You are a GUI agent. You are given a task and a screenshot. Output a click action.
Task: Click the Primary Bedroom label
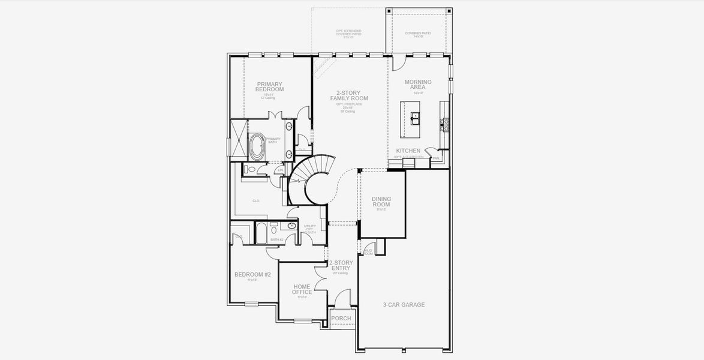pyautogui.click(x=269, y=87)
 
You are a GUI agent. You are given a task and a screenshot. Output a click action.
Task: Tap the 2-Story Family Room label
pyautogui.click(x=349, y=95)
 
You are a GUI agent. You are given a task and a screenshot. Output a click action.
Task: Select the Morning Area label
pyautogui.click(x=418, y=85)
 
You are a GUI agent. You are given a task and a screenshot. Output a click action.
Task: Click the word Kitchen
pyautogui.click(x=408, y=151)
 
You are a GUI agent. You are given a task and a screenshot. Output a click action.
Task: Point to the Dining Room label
pyautogui.click(x=381, y=202)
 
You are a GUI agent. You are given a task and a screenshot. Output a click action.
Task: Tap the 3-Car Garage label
pyautogui.click(x=404, y=305)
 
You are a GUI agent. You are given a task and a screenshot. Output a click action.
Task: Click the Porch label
pyautogui.click(x=341, y=319)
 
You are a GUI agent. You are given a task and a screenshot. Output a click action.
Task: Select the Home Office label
pyautogui.click(x=302, y=290)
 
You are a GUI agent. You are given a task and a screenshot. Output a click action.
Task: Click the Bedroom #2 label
pyautogui.click(x=252, y=275)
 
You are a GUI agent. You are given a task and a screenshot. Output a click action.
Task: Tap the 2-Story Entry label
pyautogui.click(x=341, y=266)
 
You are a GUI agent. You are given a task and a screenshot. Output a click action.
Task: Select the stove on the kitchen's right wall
pyautogui.click(x=445, y=124)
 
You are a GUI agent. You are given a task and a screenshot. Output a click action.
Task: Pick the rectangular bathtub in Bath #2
pyautogui.click(x=261, y=233)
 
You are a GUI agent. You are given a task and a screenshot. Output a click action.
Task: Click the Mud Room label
pyautogui.click(x=368, y=252)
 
